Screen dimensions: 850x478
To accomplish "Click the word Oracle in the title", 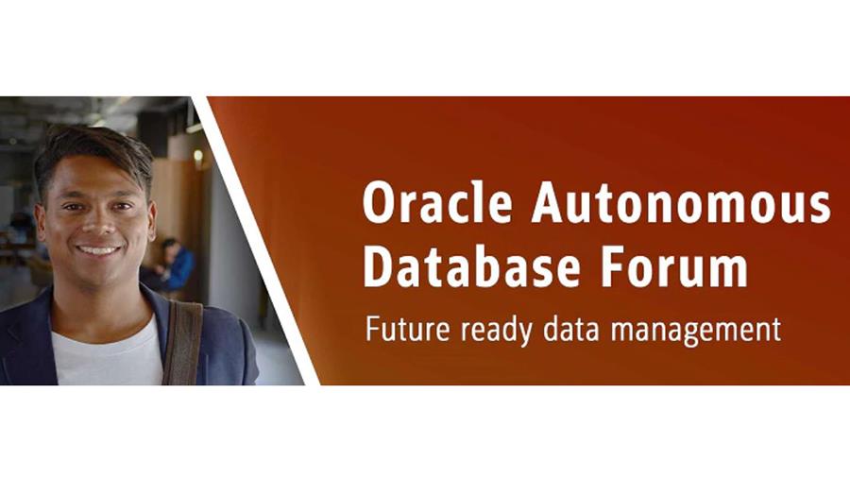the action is pos(437,201).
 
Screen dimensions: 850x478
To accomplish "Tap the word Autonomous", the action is pos(681,202).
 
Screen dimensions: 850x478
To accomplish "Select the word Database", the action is pos(471,266).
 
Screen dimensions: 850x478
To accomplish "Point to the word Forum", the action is pos(674,266).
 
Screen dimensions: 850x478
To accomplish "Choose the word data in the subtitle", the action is pos(570,329).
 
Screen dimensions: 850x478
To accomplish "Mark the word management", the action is pos(696,331).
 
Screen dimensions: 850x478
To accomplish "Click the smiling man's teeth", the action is pos(98,250).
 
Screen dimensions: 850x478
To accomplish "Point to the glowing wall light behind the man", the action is pos(198,156).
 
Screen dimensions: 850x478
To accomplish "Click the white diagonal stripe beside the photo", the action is pos(255,241).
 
